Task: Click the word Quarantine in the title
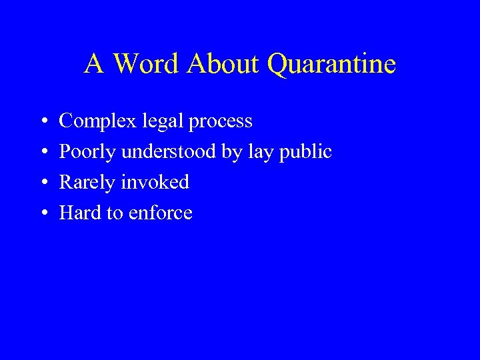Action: [331, 65]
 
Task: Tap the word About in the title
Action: [225, 64]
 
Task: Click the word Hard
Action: [79, 213]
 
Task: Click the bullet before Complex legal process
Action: [43, 122]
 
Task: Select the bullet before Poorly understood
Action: [43, 153]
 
